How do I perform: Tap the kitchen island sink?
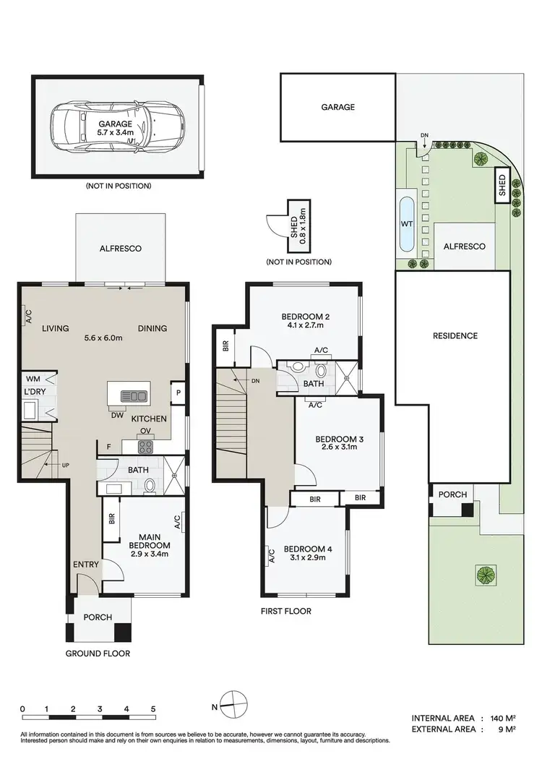135,395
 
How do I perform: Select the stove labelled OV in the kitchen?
145,445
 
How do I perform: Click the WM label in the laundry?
33,378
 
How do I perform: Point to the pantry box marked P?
178,393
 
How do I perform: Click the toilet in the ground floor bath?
150,486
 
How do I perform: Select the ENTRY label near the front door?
85,565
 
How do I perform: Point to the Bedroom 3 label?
337,439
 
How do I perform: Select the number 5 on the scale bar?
152,709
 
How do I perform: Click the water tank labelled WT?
407,224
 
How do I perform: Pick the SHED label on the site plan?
502,187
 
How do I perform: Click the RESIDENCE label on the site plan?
455,335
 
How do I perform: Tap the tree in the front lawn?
485,575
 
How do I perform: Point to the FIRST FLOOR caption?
287,611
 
